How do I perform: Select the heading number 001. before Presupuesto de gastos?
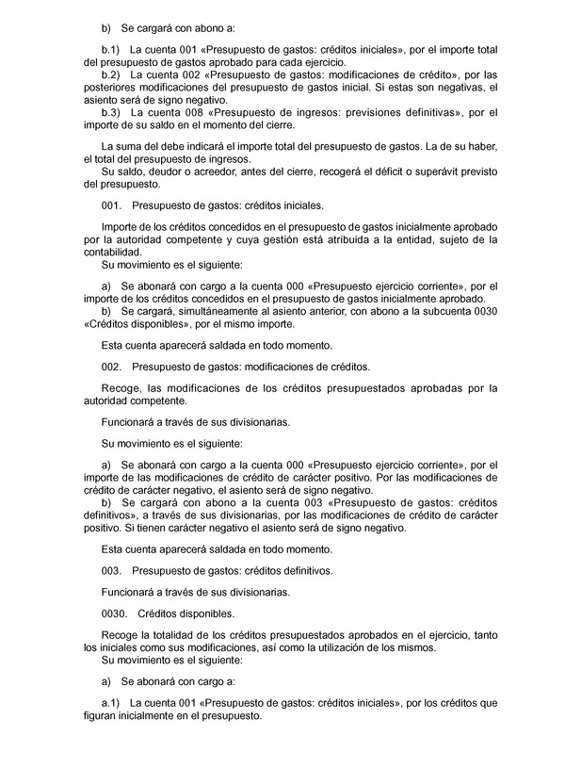click(111, 204)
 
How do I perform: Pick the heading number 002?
click(111, 366)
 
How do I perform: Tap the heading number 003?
click(111, 571)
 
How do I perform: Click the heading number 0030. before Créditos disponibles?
click(114, 613)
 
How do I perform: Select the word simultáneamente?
click(205, 311)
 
